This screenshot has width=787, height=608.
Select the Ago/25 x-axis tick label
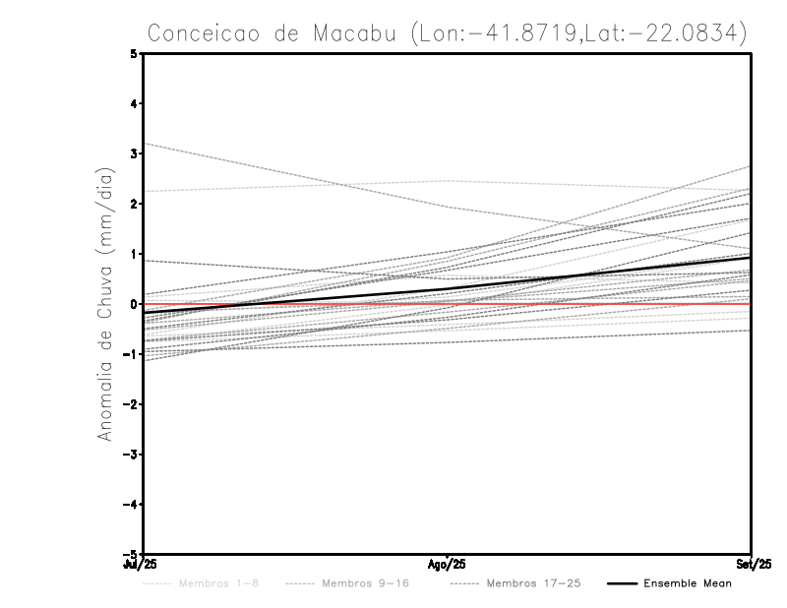point(448,564)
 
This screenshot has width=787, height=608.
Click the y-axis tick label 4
point(134,103)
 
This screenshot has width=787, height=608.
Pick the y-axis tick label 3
point(134,153)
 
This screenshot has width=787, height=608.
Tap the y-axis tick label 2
point(134,204)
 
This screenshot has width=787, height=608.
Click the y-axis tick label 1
point(134,254)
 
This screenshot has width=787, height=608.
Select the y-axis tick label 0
point(134,304)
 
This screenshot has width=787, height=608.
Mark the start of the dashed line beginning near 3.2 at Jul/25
point(145,144)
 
